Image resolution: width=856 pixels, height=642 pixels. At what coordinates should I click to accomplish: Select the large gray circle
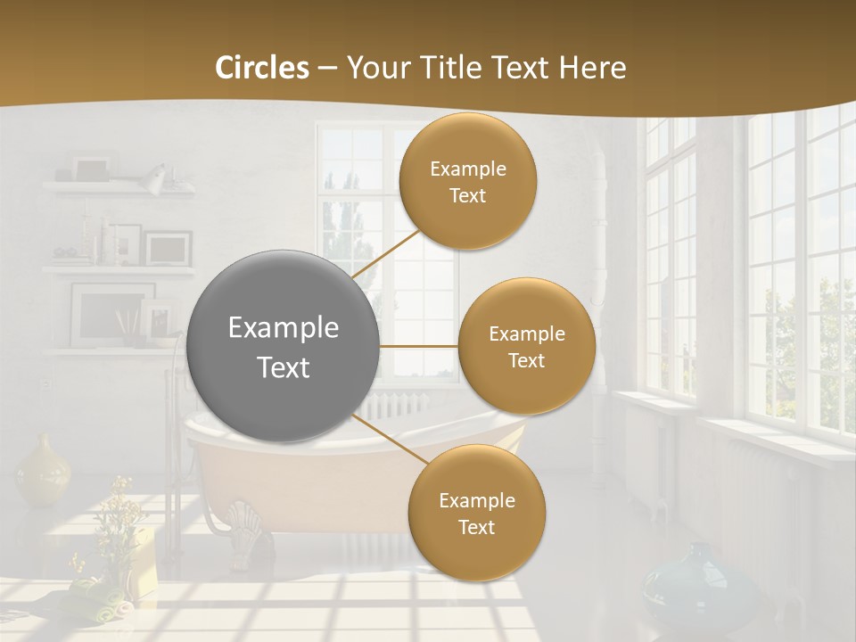(x=284, y=346)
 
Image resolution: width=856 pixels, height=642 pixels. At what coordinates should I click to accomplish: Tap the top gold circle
(x=468, y=181)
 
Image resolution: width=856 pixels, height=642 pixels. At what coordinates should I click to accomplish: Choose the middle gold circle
(x=526, y=346)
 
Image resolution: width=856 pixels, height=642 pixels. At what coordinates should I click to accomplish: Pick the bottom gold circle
(x=476, y=513)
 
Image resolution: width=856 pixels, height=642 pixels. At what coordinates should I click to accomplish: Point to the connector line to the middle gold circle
(x=419, y=346)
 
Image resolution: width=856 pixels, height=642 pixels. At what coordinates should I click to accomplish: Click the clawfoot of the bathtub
(x=243, y=522)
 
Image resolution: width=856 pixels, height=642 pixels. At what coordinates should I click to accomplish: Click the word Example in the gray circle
(x=284, y=327)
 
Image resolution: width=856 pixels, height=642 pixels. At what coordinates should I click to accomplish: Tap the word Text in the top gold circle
(x=468, y=195)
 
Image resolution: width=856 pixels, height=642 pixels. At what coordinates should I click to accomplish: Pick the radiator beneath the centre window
(x=397, y=406)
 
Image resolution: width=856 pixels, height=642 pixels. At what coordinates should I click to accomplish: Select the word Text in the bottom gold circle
(x=476, y=527)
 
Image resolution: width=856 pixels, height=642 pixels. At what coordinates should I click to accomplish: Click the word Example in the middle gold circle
(x=526, y=333)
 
